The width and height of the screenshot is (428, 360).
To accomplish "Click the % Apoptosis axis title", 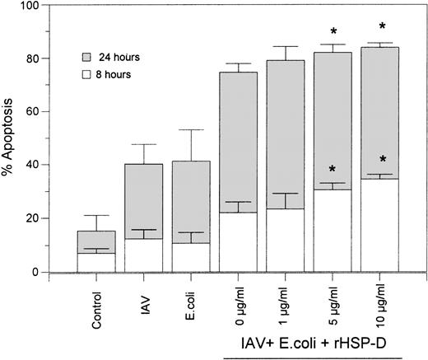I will click(12, 137).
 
